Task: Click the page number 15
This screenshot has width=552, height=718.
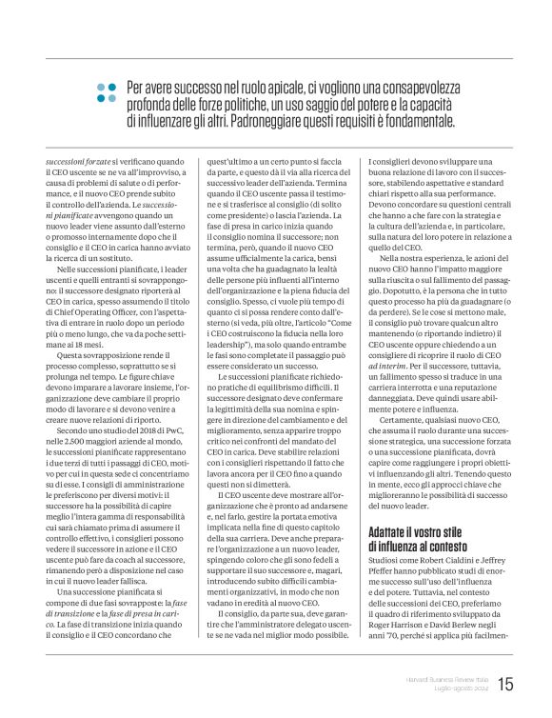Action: [505, 684]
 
